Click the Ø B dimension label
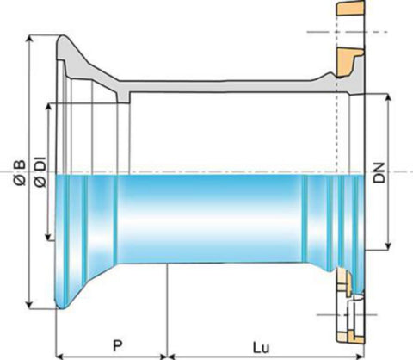[20, 172]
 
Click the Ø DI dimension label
[40, 173]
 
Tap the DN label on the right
[379, 173]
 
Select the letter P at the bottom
[117, 345]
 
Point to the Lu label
[262, 348]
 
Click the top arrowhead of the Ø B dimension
[29, 40]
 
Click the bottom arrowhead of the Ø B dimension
[29, 305]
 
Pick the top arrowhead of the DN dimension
[388, 97]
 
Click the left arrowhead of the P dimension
[59, 357]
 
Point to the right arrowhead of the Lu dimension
[361, 357]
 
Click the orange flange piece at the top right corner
[350, 8]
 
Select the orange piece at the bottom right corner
[351, 338]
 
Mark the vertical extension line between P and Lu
[167, 311]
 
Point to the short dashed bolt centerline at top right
[347, 32]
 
